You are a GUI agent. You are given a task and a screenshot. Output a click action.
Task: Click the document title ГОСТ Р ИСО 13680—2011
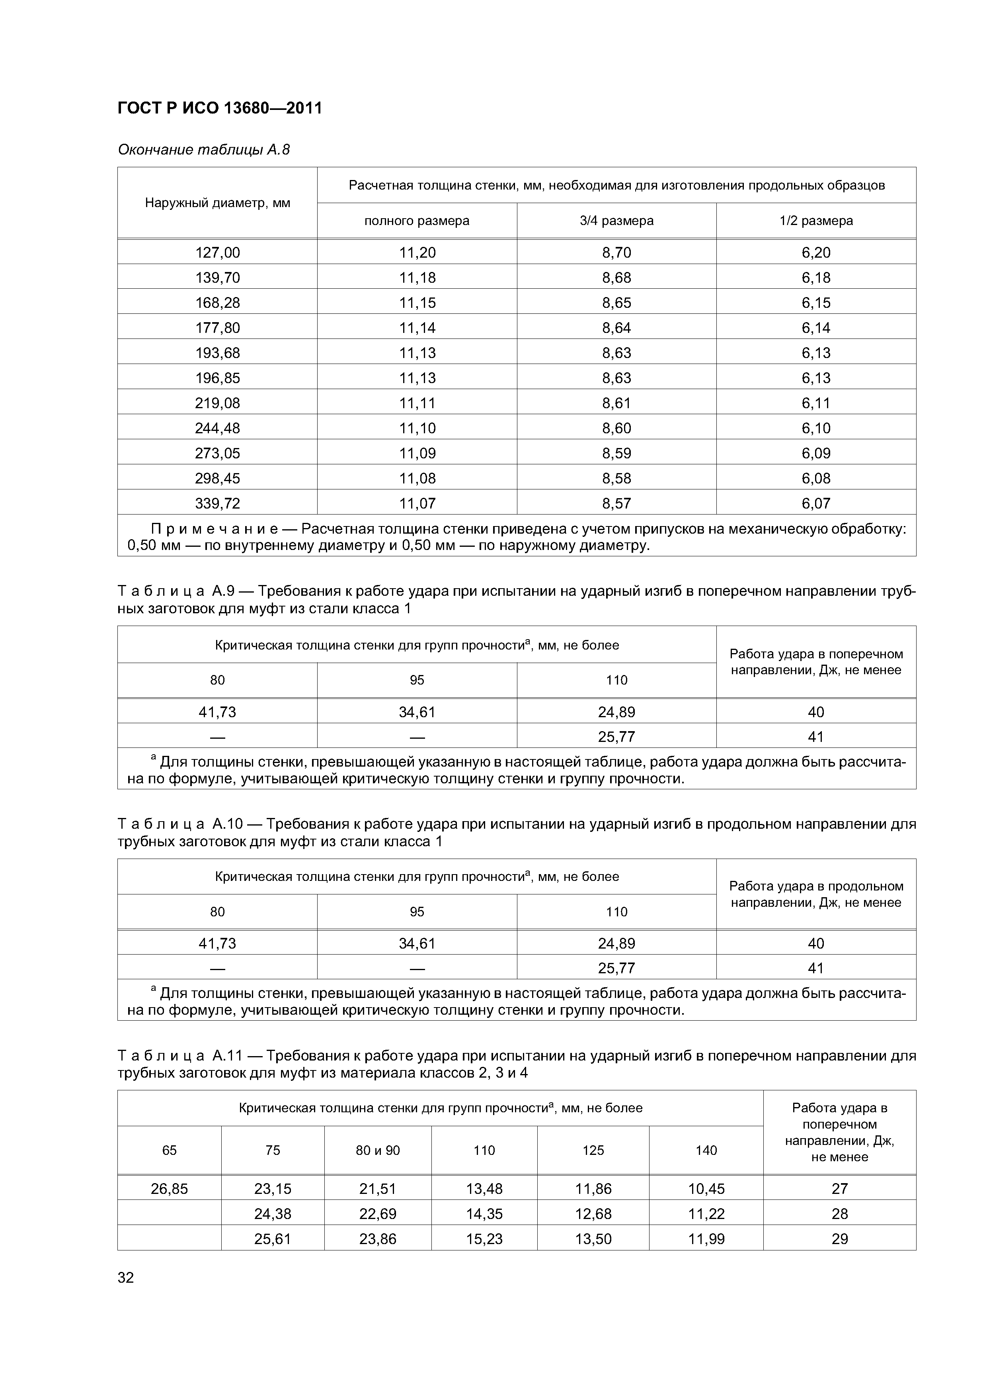click(x=220, y=108)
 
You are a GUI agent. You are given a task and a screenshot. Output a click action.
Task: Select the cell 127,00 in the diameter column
click(x=217, y=252)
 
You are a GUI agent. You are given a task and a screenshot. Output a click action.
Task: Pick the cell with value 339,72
click(x=217, y=503)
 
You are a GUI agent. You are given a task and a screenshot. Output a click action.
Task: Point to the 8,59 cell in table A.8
click(x=616, y=453)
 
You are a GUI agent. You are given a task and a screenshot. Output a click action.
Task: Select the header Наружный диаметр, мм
click(x=217, y=203)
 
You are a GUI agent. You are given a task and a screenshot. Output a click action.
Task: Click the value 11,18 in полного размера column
click(x=417, y=278)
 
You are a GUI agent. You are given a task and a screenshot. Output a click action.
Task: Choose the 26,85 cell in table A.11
click(x=169, y=1188)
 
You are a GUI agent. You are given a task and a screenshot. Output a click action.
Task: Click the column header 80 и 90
click(x=378, y=1150)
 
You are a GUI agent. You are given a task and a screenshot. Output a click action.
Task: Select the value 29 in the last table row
click(x=839, y=1239)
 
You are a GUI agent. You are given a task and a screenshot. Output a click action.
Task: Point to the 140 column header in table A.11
click(x=706, y=1150)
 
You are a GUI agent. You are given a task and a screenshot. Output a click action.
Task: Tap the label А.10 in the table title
click(x=227, y=824)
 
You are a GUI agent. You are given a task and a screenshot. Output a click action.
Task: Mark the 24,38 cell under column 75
click(x=273, y=1214)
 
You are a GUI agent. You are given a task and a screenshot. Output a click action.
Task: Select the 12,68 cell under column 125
click(x=593, y=1214)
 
